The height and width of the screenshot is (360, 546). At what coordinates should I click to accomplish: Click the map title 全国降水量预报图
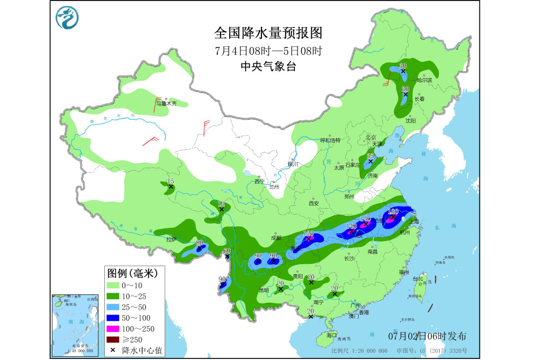click(x=268, y=33)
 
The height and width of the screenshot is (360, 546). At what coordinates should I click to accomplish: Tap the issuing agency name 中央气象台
click(x=268, y=67)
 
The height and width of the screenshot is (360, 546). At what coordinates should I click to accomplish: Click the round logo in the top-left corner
click(x=67, y=17)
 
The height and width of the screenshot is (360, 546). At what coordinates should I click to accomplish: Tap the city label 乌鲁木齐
click(x=167, y=102)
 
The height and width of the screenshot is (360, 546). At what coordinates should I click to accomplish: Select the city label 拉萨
click(x=171, y=239)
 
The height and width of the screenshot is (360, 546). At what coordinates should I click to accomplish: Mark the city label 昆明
click(x=264, y=290)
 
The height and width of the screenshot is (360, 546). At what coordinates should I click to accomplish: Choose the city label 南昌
click(x=373, y=252)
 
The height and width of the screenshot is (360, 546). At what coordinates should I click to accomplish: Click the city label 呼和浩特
click(x=330, y=140)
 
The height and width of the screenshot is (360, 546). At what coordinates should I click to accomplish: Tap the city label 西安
click(x=313, y=203)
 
